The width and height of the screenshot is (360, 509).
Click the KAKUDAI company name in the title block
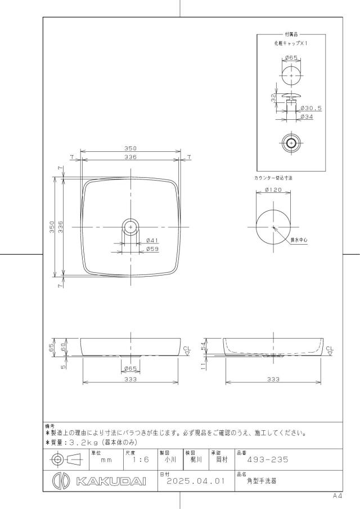(x=111, y=481)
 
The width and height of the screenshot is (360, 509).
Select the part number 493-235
(x=268, y=460)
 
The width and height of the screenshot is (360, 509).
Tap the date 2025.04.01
(x=196, y=481)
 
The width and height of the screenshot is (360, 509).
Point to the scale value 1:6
(x=141, y=460)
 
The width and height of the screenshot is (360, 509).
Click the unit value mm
(x=106, y=460)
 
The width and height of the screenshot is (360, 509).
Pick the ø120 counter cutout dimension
(x=273, y=190)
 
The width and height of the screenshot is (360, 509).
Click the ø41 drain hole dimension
(x=152, y=241)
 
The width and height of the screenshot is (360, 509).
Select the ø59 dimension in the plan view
(x=152, y=249)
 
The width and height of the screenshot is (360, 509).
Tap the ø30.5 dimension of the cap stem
(x=311, y=108)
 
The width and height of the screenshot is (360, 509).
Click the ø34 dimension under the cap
(x=307, y=116)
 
